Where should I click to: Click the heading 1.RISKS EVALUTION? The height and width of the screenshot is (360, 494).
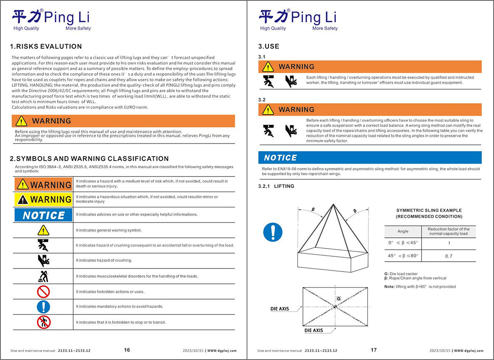click(x=46, y=46)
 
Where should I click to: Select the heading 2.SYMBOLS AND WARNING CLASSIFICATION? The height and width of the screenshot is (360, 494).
click(x=89, y=159)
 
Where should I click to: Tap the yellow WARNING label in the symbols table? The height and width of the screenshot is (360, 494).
click(x=43, y=200)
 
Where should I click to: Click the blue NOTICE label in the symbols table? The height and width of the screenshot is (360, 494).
click(x=43, y=215)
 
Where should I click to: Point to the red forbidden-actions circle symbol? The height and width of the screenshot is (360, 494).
click(x=43, y=292)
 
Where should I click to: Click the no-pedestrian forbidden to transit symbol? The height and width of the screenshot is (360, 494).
click(x=43, y=322)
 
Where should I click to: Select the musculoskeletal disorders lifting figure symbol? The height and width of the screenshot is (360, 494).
click(x=43, y=276)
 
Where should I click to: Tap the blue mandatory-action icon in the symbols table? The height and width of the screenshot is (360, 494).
click(x=43, y=307)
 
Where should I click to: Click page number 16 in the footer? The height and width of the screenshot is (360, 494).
click(x=127, y=350)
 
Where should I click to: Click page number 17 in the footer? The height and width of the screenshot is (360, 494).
click(x=373, y=350)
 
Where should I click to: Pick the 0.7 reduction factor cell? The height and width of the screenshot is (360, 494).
click(x=449, y=256)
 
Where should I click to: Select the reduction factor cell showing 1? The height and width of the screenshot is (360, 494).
click(x=449, y=243)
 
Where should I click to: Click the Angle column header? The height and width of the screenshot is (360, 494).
click(x=403, y=232)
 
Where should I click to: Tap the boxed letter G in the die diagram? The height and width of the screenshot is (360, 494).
click(x=338, y=298)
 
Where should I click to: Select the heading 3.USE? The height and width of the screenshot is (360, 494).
click(x=268, y=46)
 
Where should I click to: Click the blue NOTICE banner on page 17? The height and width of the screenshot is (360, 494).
click(x=370, y=158)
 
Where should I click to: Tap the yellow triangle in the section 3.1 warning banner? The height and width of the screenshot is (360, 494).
click(x=268, y=67)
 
